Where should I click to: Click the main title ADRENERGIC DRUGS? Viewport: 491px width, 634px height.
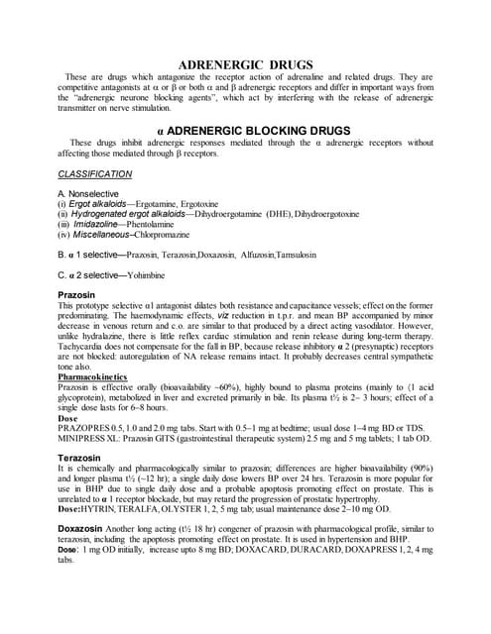click(x=246, y=66)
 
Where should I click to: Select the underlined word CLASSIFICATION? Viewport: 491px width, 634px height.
click(x=94, y=173)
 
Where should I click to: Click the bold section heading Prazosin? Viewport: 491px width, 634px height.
click(x=79, y=295)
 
